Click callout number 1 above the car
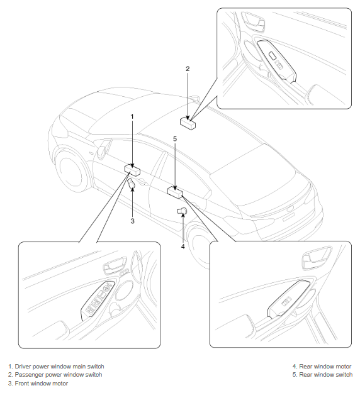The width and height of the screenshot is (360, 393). point(132,116)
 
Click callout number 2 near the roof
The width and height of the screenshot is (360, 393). point(188,69)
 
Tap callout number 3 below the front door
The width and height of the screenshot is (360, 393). point(132,221)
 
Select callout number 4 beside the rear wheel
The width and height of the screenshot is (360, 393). point(183,246)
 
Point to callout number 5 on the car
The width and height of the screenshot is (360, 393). point(175,138)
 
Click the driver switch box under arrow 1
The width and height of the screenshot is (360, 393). point(132,170)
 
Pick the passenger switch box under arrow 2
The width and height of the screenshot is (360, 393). point(188,123)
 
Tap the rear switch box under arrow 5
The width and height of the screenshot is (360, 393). point(175,192)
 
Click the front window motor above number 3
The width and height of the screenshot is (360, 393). point(131,184)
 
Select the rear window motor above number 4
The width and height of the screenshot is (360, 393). point(182,211)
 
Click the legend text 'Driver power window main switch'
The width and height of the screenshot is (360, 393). point(59,367)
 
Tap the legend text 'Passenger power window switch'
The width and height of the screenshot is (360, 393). point(59,375)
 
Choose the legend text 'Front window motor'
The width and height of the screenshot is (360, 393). point(42,383)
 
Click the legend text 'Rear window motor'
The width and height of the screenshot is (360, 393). point(325,367)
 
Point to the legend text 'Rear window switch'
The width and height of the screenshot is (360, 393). point(326,375)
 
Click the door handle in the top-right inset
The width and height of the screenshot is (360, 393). point(253,21)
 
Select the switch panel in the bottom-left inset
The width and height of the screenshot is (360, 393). point(98,301)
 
